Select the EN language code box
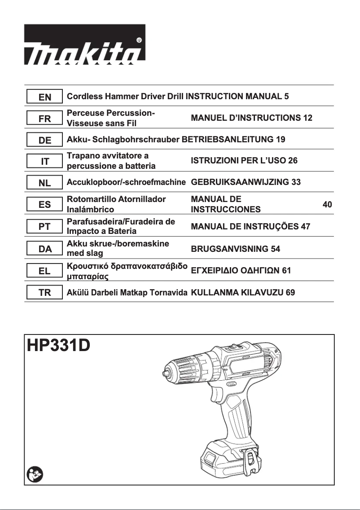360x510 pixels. click(x=45, y=97)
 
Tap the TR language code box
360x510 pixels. click(x=45, y=293)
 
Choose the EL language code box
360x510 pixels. click(x=45, y=271)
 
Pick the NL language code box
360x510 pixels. click(x=45, y=183)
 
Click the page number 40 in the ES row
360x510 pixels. click(x=327, y=205)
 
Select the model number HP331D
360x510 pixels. click(x=58, y=346)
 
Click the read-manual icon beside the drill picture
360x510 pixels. click(x=34, y=474)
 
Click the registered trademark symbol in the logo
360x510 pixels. click(x=139, y=40)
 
